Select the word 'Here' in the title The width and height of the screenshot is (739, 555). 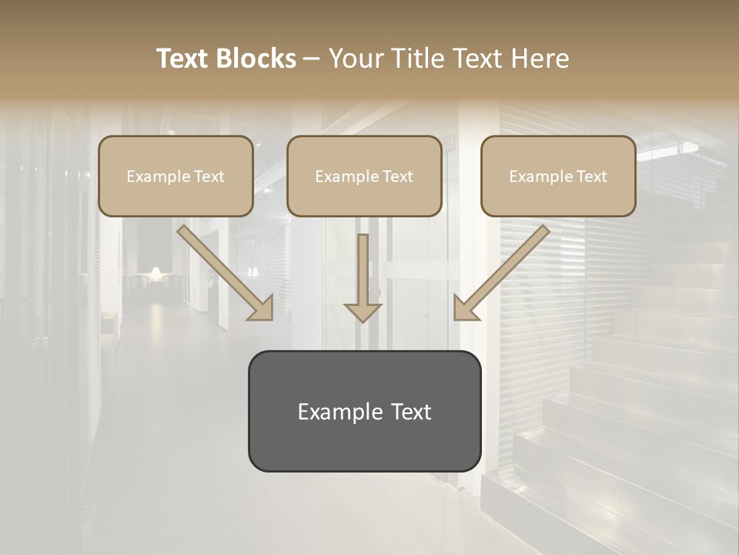[x=542, y=59]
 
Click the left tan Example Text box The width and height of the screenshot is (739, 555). [x=176, y=176]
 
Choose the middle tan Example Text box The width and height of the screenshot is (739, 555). [x=364, y=176]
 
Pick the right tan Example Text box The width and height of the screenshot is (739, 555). [x=558, y=176]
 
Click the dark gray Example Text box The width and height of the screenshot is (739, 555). [x=364, y=411]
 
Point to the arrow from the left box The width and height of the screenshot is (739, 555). [x=224, y=272]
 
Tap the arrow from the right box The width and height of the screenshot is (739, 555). [x=502, y=272]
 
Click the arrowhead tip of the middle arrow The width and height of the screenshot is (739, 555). [x=363, y=319]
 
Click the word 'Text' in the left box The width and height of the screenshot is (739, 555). [x=209, y=177]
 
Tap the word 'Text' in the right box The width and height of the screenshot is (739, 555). [x=591, y=177]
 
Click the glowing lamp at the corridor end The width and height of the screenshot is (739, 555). [x=155, y=273]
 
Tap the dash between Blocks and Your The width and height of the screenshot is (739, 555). [x=312, y=59]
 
